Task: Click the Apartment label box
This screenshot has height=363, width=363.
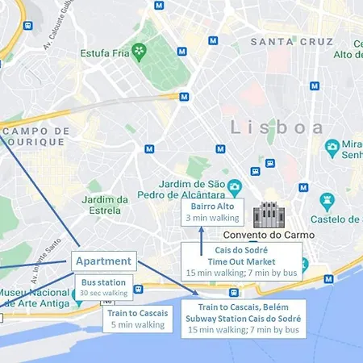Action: (104, 261)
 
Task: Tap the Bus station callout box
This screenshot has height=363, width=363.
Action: (104, 287)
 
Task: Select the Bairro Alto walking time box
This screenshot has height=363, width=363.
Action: (212, 212)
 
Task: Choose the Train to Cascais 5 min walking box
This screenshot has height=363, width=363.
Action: (137, 319)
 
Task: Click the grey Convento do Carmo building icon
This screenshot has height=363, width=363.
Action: (269, 216)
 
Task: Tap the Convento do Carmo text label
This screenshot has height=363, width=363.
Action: (269, 235)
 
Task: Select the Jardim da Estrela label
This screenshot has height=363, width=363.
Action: (106, 205)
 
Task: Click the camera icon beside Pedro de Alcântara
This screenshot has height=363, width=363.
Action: (235, 187)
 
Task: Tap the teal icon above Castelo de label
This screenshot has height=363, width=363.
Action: (327, 199)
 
